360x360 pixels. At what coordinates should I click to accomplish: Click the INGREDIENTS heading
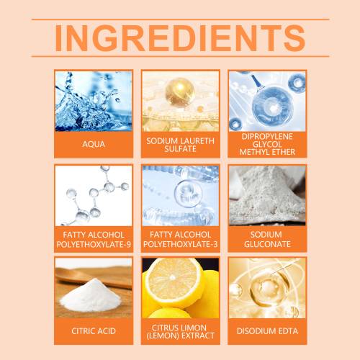[x=180, y=38]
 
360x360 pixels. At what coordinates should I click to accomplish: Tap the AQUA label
[x=94, y=144]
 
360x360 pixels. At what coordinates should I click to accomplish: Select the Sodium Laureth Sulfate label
[x=180, y=145]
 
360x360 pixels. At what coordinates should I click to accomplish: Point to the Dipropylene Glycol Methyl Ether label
[x=267, y=144]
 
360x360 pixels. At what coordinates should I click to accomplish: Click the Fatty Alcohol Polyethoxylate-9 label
[x=94, y=239]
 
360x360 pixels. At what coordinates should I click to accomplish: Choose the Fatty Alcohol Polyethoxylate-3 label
[x=180, y=239]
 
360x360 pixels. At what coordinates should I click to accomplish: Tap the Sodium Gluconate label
[x=267, y=239]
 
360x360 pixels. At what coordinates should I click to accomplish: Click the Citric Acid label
[x=94, y=331]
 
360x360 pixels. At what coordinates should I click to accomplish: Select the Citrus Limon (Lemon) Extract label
[x=180, y=332]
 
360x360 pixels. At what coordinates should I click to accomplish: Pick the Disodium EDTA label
[x=267, y=331]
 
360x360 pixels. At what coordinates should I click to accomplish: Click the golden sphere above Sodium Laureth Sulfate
[x=180, y=91]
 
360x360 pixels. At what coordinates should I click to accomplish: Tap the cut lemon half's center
[x=172, y=278]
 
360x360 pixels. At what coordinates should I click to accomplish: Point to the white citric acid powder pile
[x=91, y=297]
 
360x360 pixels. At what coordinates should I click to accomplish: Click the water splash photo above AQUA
[x=94, y=101]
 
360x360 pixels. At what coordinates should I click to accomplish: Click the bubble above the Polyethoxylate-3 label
[x=188, y=193]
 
